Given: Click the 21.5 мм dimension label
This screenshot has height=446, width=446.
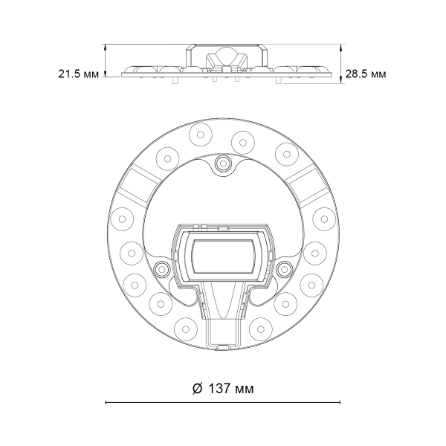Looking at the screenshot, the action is pyautogui.click(x=79, y=74).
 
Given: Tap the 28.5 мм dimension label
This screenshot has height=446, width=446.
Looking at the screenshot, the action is pyautogui.click(x=366, y=74).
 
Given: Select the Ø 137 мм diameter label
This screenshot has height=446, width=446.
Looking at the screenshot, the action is pyautogui.click(x=223, y=389).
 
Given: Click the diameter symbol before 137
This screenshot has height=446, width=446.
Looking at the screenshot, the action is pyautogui.click(x=197, y=389).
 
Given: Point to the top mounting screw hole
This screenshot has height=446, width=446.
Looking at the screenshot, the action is pyautogui.click(x=223, y=164).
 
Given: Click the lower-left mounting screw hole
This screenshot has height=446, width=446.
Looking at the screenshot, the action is pyautogui.click(x=161, y=268).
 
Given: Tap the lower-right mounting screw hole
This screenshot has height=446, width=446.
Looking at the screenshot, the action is pyautogui.click(x=284, y=268).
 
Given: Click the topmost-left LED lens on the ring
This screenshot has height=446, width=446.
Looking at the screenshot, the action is pyautogui.click(x=200, y=135).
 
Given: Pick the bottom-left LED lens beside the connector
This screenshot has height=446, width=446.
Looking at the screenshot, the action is pyautogui.click(x=185, y=329).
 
